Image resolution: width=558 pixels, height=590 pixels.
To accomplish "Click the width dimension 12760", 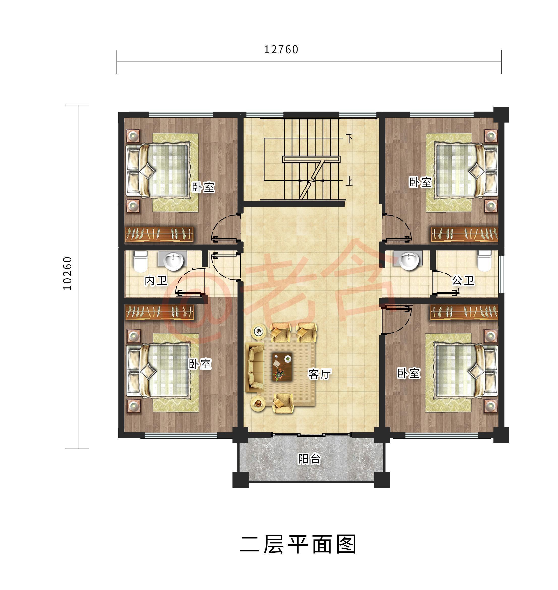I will pyautogui.click(x=281, y=49).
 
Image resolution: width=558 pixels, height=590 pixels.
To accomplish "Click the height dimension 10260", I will pyautogui.click(x=68, y=273).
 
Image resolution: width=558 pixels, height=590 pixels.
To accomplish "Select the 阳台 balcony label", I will pyautogui.click(x=309, y=459).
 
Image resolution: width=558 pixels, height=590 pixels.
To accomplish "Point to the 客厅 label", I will pyautogui.click(x=319, y=374).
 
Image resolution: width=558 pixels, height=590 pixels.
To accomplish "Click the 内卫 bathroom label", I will pyautogui.click(x=156, y=280).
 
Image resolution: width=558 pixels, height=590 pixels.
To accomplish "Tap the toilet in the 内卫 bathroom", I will pyautogui.click(x=140, y=262).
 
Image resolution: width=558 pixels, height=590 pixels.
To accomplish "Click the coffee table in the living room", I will pyautogui.click(x=282, y=367).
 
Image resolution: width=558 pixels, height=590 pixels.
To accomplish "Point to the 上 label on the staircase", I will pyautogui.click(x=349, y=181).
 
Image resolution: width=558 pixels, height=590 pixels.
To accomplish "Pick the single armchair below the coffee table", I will pyautogui.click(x=283, y=403).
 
